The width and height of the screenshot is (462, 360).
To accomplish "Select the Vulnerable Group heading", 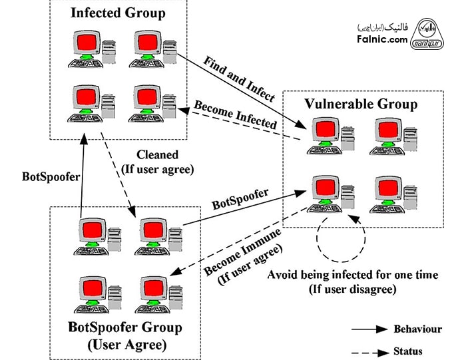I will [361, 104].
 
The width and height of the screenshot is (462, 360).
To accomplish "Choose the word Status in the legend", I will [409, 351].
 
